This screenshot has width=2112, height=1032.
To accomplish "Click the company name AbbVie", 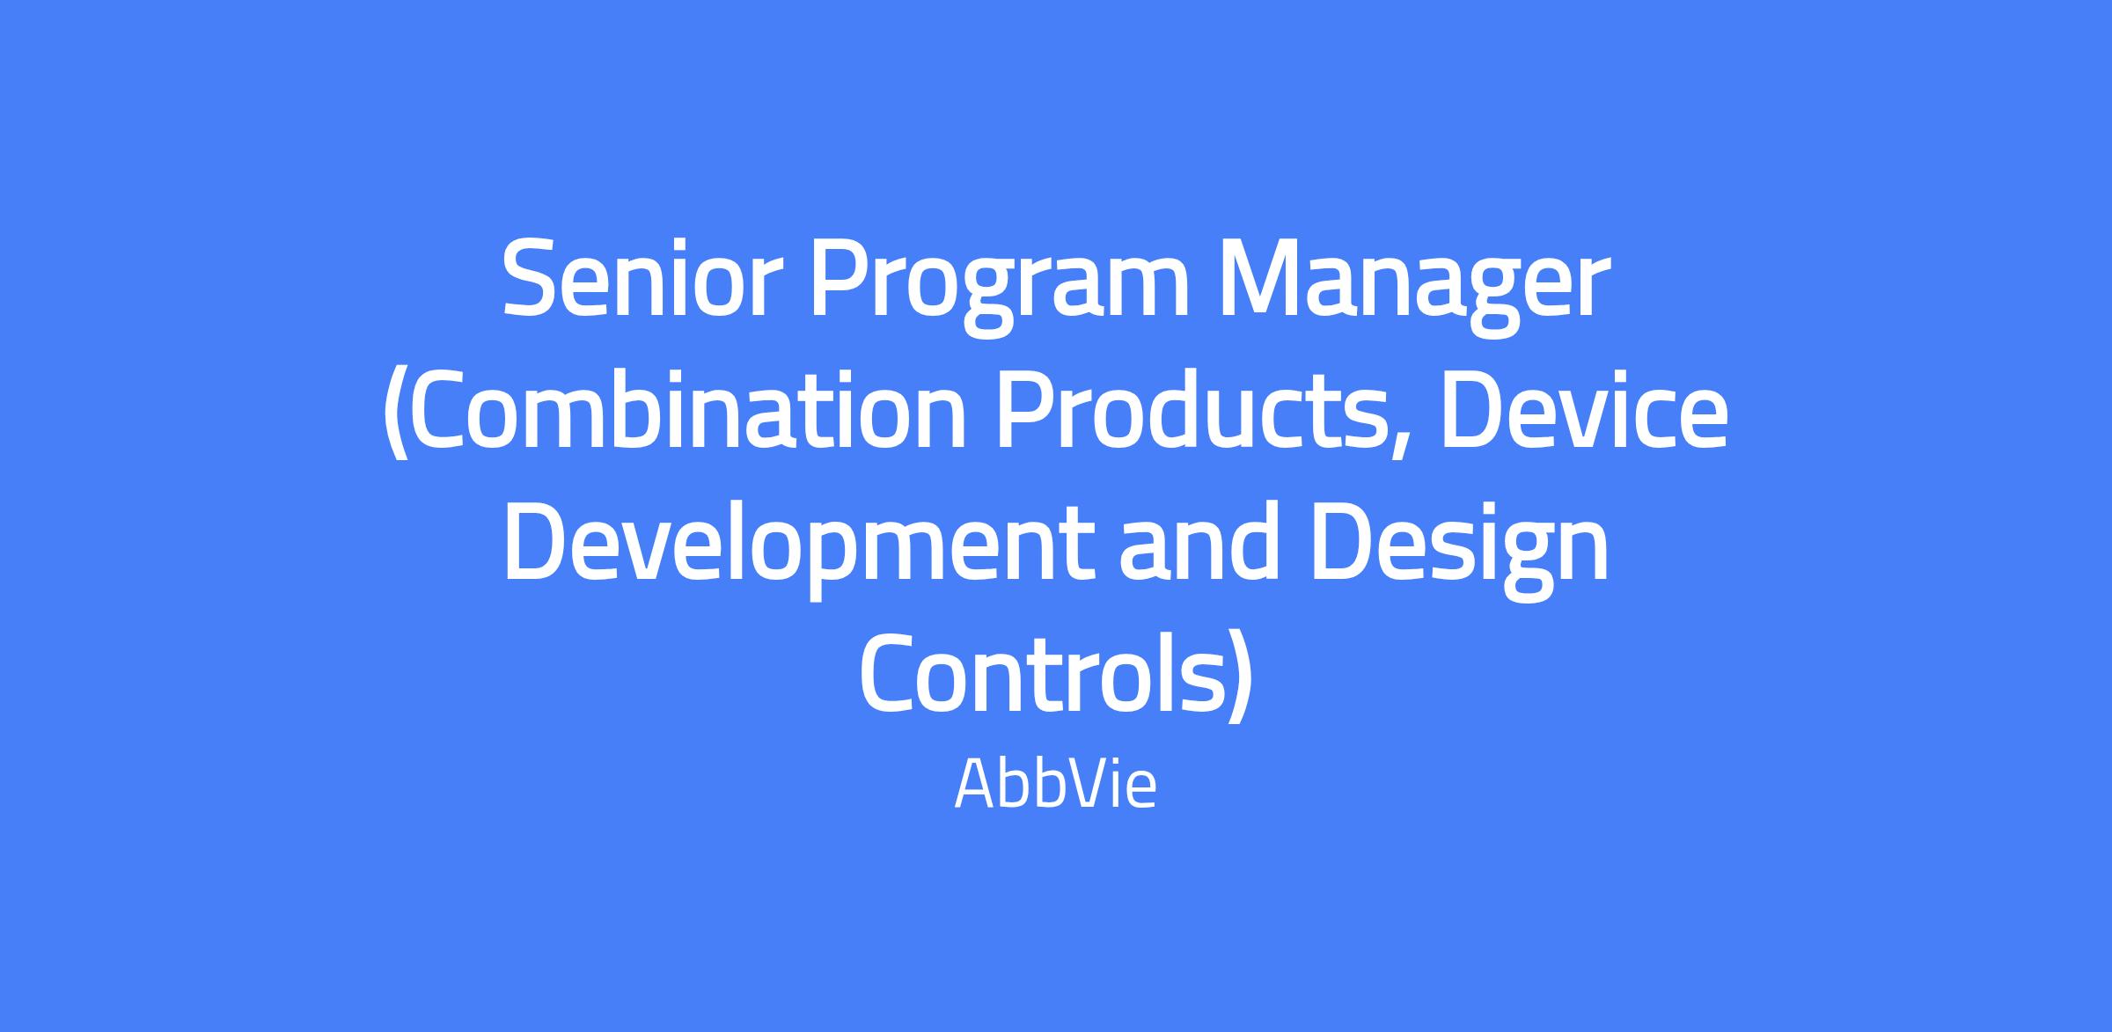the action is click(x=1055, y=786).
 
